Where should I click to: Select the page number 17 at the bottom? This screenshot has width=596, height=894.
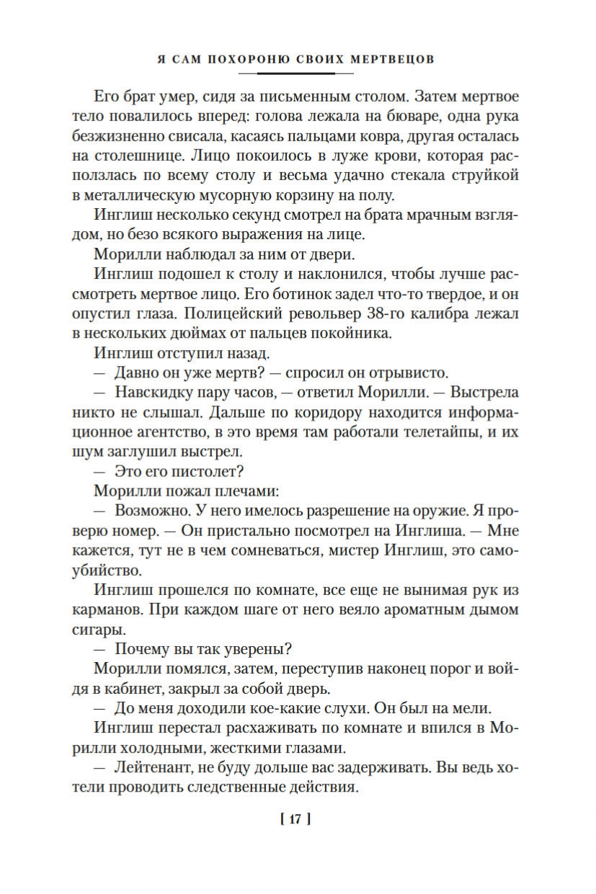pyautogui.click(x=298, y=818)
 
